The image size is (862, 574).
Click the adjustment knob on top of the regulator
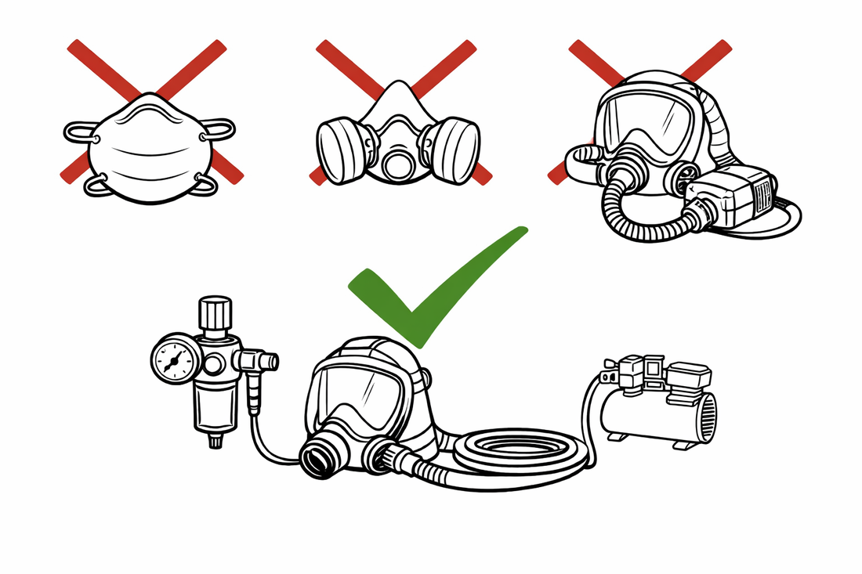(x=215, y=313)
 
